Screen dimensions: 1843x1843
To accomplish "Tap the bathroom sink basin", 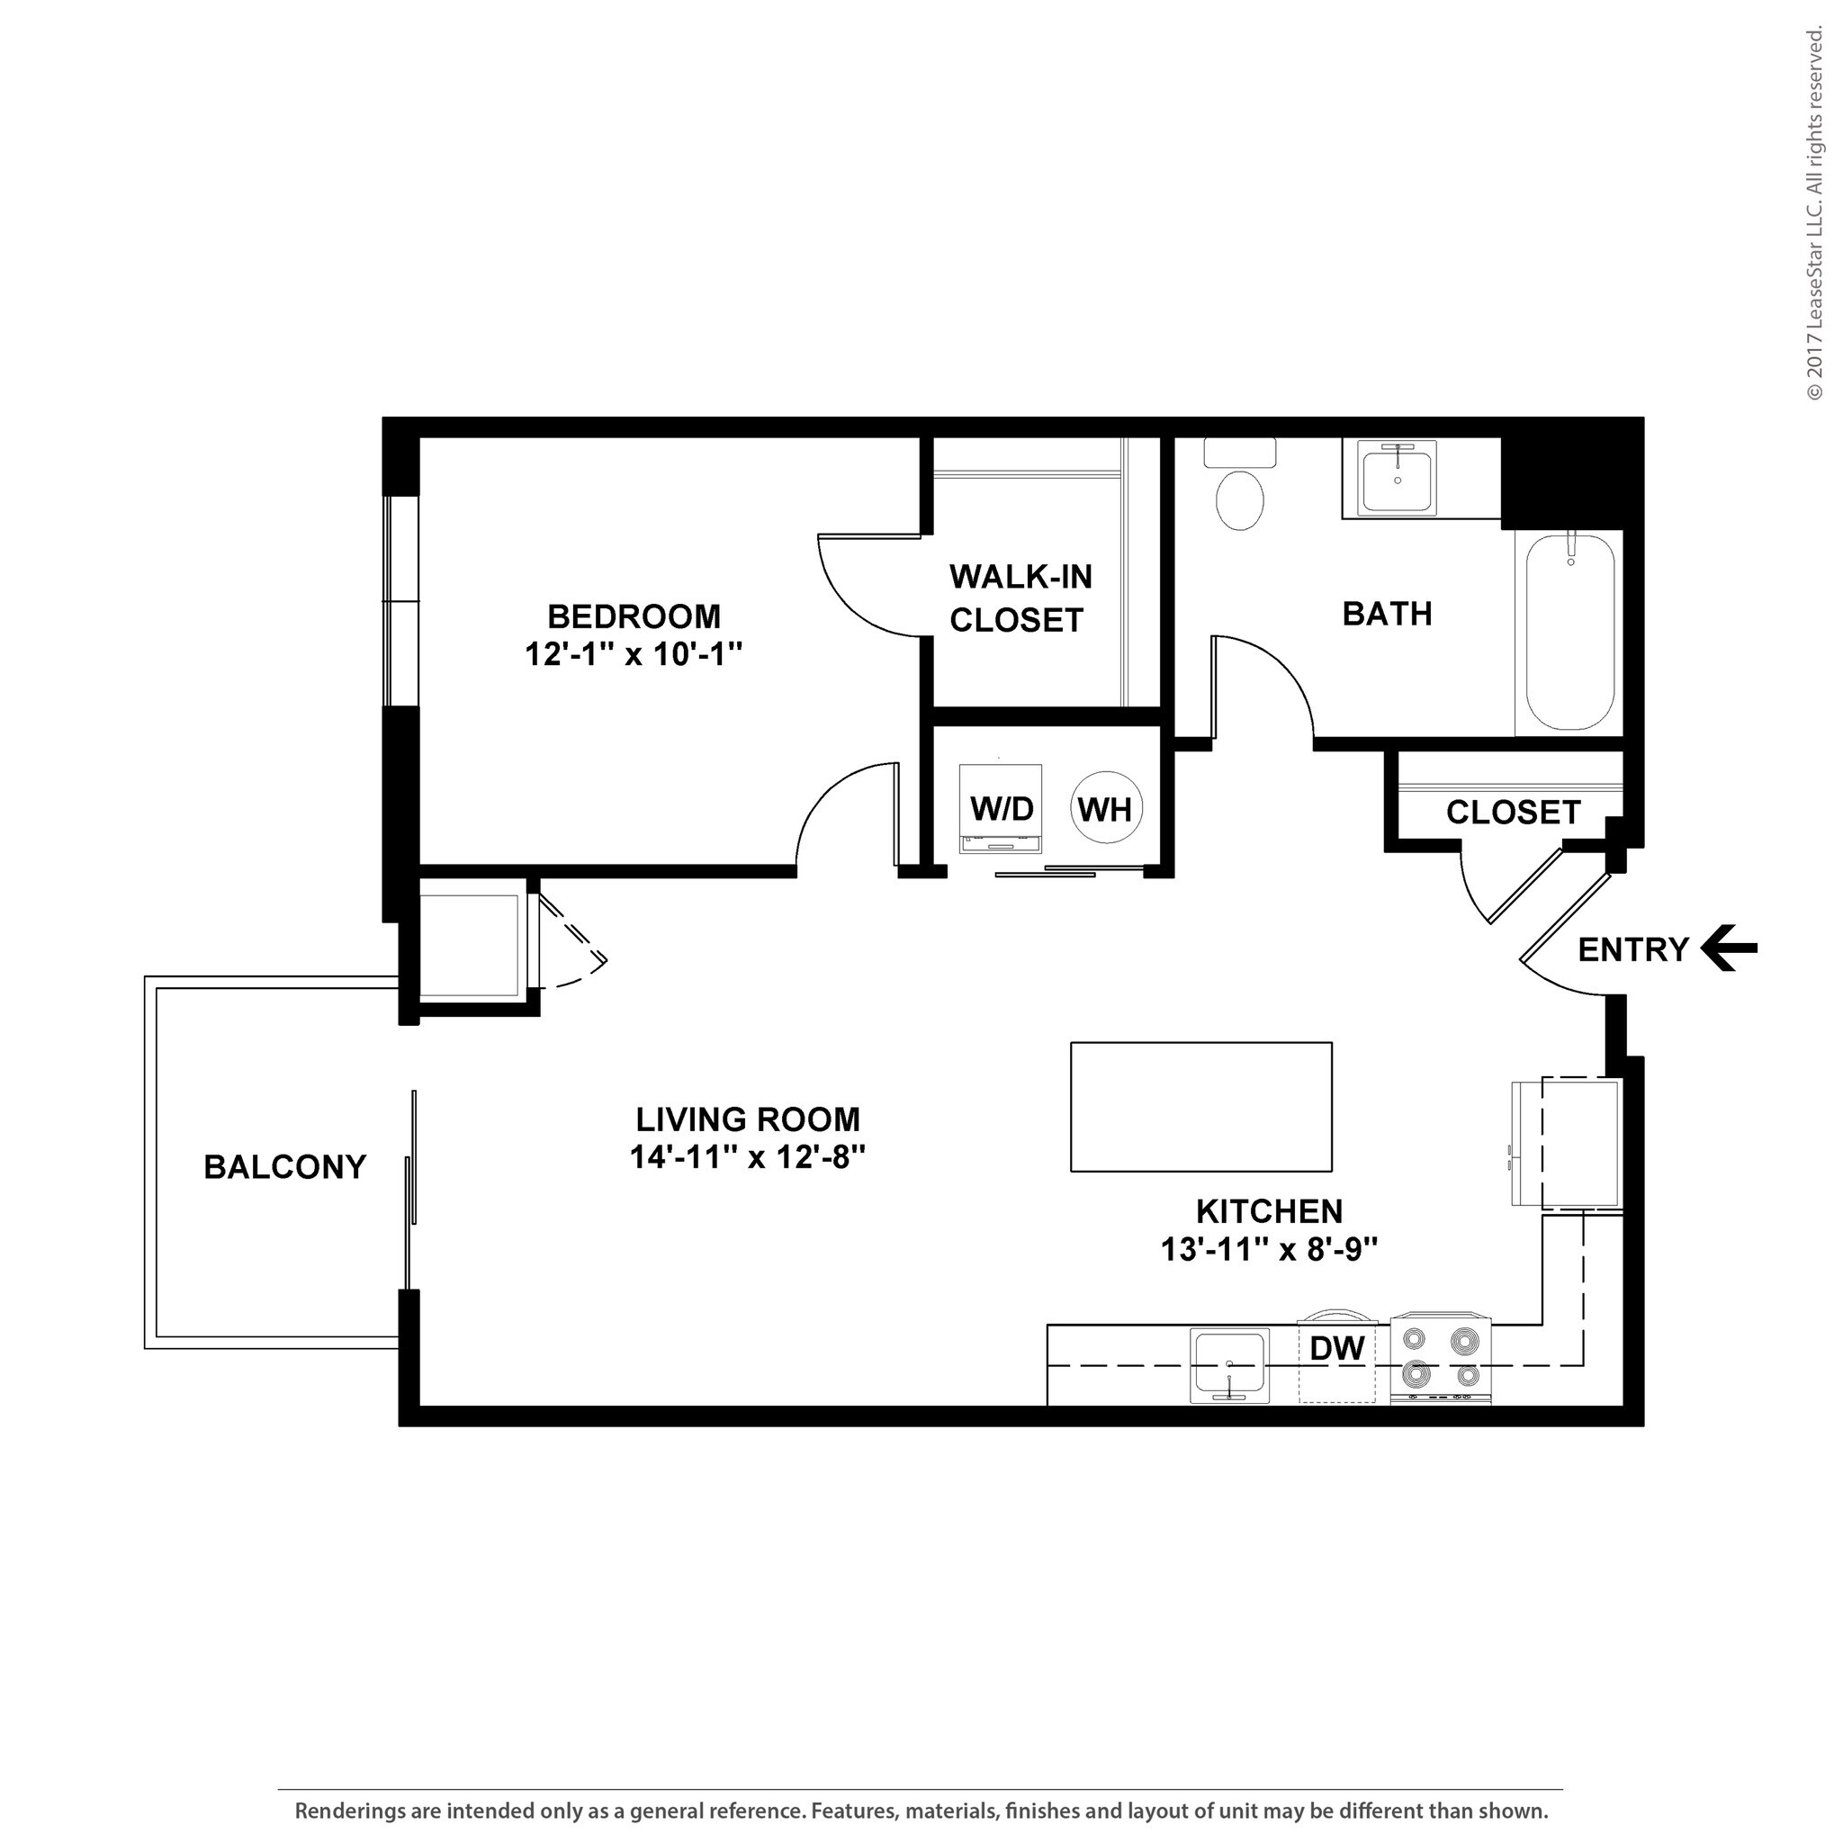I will coord(1397,481).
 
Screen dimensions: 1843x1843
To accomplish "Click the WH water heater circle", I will coord(1105,810).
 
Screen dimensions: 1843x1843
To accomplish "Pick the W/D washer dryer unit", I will coord(1001,808).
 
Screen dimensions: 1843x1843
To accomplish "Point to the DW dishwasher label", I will coord(1336,1348).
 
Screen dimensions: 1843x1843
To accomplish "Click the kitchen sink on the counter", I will coord(1229,1366).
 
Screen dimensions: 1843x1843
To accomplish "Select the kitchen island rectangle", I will coord(1200,1107).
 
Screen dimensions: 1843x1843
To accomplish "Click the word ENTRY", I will coord(1633,950).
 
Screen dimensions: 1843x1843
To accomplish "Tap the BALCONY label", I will coord(284,1166).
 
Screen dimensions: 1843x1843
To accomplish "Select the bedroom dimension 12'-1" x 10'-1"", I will coord(634,654).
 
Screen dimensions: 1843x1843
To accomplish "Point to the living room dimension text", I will coord(747,1157).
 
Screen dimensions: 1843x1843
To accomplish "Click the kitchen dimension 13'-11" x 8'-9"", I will coord(1269,1249).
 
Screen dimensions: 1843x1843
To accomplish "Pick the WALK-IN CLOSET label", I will coord(1020,598).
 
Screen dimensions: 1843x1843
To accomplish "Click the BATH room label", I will coord(1387,614).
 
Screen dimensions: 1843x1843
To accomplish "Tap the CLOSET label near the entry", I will coord(1513,812).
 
